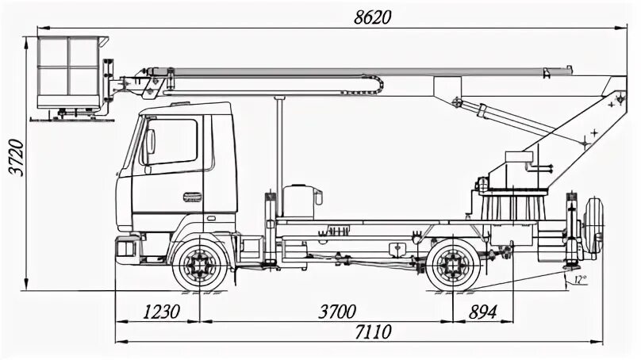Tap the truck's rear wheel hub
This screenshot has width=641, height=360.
pos(453,263)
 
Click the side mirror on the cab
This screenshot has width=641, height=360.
pos(150,142)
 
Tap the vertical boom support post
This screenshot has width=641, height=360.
pos(278,147)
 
